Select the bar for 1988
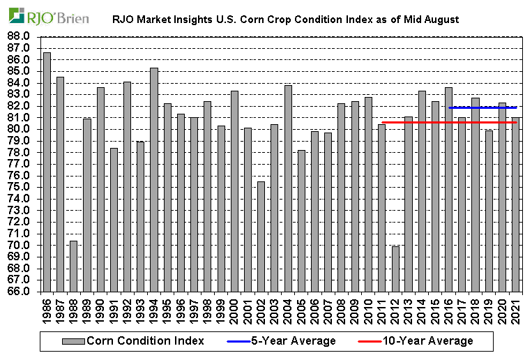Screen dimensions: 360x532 pyautogui.click(x=73, y=266)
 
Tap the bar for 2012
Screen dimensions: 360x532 pyautogui.click(x=395, y=269)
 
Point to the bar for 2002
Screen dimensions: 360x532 pyautogui.click(x=261, y=237)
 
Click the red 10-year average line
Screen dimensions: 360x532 pyautogui.click(x=418, y=122)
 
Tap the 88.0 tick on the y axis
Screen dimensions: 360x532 pyautogui.click(x=20, y=36)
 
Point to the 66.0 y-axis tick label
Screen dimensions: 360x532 pyautogui.click(x=20, y=292)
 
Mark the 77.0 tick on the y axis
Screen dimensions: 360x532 pyautogui.click(x=20, y=164)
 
